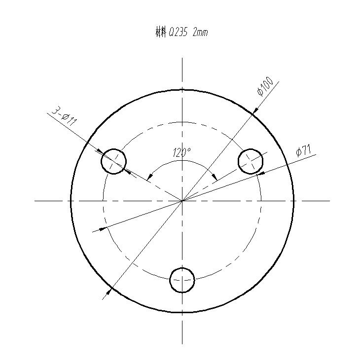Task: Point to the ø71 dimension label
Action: tap(303, 151)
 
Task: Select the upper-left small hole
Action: tap(114, 161)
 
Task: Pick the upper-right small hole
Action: tap(251, 161)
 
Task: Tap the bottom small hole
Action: tap(182, 280)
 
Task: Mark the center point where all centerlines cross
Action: tap(182, 201)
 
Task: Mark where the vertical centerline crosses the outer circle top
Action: tap(182, 90)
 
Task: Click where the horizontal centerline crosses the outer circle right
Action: tap(294, 201)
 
